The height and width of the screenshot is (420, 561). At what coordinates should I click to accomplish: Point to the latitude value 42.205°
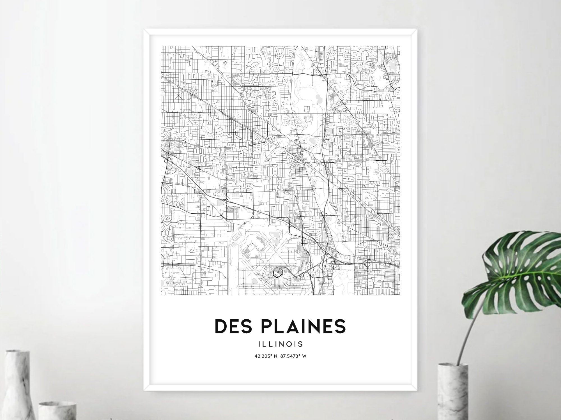(x=263, y=357)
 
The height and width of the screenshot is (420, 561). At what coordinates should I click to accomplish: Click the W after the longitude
(x=304, y=357)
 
